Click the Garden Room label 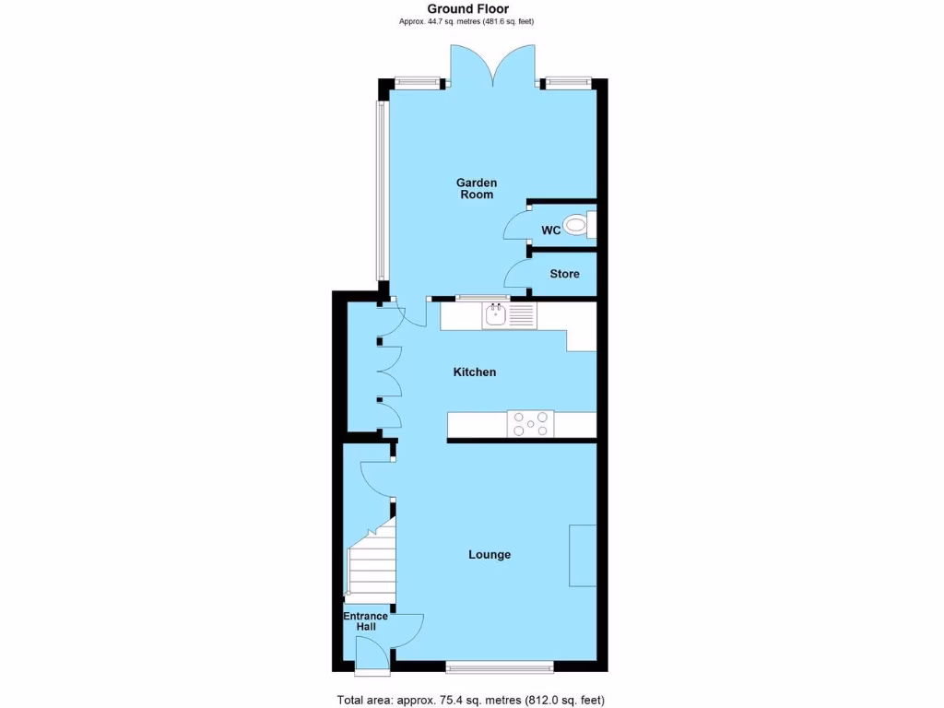477,188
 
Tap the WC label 551,230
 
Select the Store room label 564,274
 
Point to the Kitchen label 474,372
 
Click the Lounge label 490,554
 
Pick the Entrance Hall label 360,621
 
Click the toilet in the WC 578,224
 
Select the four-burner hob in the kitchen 532,424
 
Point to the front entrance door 372,654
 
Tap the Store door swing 516,274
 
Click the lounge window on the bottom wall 499,666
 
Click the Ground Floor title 467,9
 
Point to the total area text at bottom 471,700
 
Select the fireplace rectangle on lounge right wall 583,555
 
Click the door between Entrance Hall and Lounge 408,629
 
